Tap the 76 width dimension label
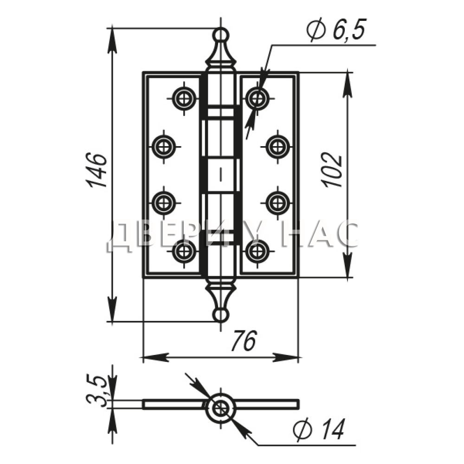click(243, 340)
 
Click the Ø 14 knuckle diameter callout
click(319, 429)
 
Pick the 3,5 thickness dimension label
click(97, 390)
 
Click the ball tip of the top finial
click(221, 34)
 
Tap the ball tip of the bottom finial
click(221, 315)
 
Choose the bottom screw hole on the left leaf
click(184, 251)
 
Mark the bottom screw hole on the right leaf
click(257, 251)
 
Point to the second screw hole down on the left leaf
click(164, 146)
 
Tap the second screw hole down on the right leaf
click(277, 146)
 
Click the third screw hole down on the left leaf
click(164, 203)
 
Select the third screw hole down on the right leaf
click(277, 203)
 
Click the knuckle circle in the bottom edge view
click(220, 408)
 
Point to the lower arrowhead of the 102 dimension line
click(348, 265)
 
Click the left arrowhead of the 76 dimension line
click(156, 357)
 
